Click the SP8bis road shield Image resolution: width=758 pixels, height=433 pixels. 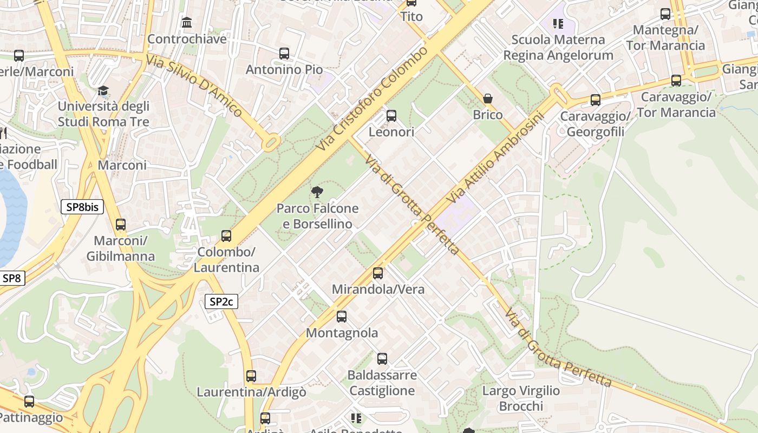(82, 207)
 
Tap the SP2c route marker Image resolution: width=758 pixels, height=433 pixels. (221, 301)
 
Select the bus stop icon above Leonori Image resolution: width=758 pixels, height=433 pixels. (391, 116)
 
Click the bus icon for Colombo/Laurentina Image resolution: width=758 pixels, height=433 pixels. (226, 236)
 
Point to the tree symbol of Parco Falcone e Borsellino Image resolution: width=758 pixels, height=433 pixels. (317, 192)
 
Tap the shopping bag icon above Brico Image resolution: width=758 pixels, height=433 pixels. (488, 99)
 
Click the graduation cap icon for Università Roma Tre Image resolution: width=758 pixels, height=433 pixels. (103, 90)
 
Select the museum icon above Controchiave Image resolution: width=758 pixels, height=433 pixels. (187, 23)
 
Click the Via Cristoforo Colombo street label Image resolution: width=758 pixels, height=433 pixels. (372, 99)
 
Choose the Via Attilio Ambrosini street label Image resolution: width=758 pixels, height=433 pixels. (494, 158)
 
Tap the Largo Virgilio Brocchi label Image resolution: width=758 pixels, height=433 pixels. (521, 398)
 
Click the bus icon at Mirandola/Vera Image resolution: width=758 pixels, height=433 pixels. (378, 273)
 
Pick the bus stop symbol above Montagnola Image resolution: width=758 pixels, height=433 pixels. (342, 317)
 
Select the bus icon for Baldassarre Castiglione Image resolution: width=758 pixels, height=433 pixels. (382, 359)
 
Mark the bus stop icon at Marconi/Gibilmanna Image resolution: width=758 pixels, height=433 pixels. (121, 225)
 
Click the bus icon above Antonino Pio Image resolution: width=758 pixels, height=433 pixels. (284, 54)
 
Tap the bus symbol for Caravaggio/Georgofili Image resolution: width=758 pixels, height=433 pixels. (596, 100)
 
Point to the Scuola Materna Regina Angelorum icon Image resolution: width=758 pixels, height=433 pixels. (558, 23)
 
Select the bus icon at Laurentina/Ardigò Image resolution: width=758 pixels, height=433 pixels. (251, 376)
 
